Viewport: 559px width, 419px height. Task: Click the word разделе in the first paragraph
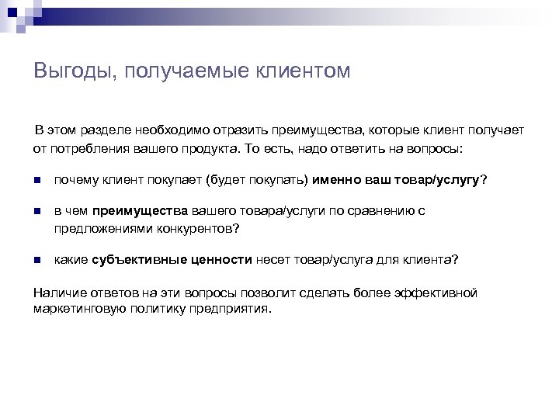pos(105,130)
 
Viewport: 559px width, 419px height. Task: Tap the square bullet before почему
pos(36,180)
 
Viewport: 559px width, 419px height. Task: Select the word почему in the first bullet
pos(76,180)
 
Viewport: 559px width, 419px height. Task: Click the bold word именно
pos(336,180)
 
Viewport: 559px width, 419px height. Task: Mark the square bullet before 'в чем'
pos(36,211)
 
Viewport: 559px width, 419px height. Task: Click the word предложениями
pos(98,228)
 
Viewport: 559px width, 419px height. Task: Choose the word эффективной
pos(443,292)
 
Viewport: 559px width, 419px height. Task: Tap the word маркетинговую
pos(76,308)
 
